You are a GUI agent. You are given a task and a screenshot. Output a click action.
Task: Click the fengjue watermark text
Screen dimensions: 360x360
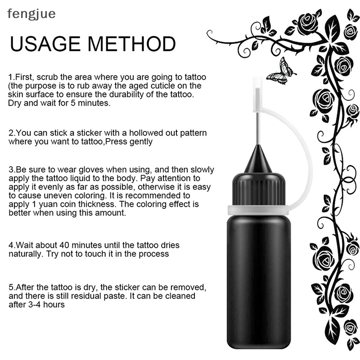coord(31,14)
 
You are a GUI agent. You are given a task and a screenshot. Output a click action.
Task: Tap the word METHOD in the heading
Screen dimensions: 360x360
coord(131,44)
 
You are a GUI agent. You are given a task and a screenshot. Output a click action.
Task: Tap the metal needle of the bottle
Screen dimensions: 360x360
coord(258,128)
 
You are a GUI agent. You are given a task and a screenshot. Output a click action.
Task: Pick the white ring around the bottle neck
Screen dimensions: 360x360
coord(259,210)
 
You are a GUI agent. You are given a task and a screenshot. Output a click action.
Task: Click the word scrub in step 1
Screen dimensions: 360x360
coord(47,77)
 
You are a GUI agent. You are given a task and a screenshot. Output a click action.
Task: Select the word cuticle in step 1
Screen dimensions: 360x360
coord(164,85)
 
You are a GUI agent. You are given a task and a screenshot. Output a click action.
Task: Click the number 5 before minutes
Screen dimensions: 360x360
coord(73,103)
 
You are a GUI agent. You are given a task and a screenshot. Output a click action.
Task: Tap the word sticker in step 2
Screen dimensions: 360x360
coord(89,133)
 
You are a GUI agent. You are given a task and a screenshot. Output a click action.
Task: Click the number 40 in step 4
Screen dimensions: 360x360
coord(64,245)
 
